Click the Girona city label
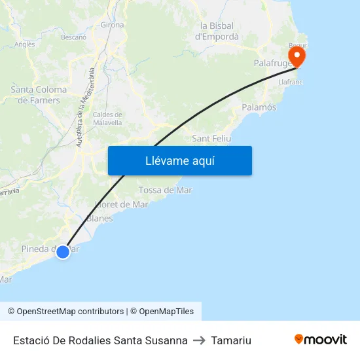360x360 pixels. tap(112, 25)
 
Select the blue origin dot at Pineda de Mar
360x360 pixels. tap(63, 251)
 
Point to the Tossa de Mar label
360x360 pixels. tap(165, 190)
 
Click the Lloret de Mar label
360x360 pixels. tap(122, 204)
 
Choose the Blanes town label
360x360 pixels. tap(99, 219)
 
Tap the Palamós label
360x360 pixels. tap(259, 107)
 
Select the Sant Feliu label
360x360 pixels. tap(210, 139)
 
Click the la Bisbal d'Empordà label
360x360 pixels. tap(217, 31)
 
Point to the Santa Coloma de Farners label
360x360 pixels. tap(39, 95)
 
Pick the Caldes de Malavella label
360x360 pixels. tap(107, 118)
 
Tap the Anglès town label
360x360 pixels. tap(24, 45)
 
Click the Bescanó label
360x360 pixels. tap(73, 37)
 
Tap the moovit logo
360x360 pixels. tap(321, 339)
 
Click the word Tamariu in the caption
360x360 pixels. tap(231, 340)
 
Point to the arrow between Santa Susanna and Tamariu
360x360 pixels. tap(199, 340)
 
